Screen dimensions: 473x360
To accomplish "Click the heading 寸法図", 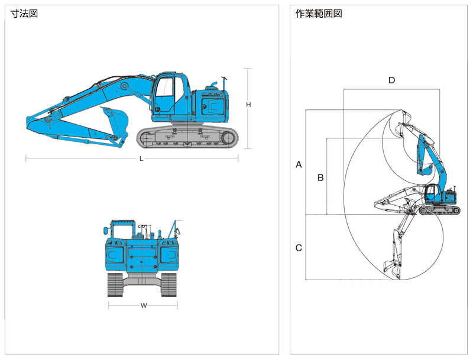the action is [24, 14].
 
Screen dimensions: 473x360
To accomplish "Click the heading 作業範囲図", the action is [319, 14].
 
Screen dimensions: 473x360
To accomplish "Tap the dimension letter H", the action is [248, 105].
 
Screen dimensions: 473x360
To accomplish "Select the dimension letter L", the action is [141, 158].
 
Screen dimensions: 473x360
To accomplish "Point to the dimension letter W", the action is [144, 306].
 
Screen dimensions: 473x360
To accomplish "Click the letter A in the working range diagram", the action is [299, 164].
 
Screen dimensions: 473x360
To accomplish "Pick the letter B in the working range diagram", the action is [320, 177].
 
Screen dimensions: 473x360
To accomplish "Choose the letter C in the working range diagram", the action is [299, 248].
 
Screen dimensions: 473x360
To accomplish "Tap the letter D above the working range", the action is [391, 80].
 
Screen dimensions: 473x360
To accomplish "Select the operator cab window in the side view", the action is [165, 87].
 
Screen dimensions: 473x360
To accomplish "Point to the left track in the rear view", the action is [115, 285].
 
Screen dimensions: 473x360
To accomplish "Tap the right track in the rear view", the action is [169, 285].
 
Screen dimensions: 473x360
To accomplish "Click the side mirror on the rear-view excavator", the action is [105, 231].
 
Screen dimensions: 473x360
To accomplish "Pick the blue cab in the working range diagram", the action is [433, 193].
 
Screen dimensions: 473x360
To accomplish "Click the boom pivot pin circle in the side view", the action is [124, 86].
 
